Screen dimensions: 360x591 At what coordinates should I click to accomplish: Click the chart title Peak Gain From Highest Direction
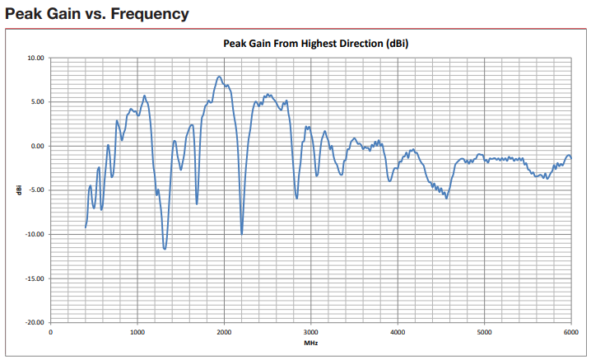coord(316,44)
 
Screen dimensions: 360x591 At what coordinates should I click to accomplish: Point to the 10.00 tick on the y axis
coord(35,58)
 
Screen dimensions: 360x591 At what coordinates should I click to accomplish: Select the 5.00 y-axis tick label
coord(37,102)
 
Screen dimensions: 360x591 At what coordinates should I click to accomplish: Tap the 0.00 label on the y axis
coord(37,147)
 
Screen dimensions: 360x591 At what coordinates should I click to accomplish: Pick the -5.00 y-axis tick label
coord(36,190)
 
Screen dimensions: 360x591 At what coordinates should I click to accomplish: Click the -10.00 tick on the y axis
coord(35,235)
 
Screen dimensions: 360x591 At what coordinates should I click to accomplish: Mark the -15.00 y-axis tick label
coord(35,278)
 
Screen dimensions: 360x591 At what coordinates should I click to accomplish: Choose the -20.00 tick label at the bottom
coord(35,323)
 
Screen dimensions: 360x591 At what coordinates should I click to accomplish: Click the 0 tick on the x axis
coord(51,332)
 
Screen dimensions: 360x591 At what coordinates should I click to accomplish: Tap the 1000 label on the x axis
coord(137,332)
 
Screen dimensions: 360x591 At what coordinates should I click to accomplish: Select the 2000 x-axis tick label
coord(224,332)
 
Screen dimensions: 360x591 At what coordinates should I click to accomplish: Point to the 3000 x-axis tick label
coord(310,332)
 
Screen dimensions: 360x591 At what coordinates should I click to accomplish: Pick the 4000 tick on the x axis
coord(398,332)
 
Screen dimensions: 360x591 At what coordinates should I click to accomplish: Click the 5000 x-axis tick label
coord(484,332)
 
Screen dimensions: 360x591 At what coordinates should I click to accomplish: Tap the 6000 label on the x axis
coord(570,332)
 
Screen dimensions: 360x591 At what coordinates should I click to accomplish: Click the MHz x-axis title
coord(310,343)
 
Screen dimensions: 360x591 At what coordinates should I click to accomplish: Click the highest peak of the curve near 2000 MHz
coord(219,77)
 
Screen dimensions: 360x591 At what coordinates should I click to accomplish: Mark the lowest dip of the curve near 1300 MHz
coord(165,248)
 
